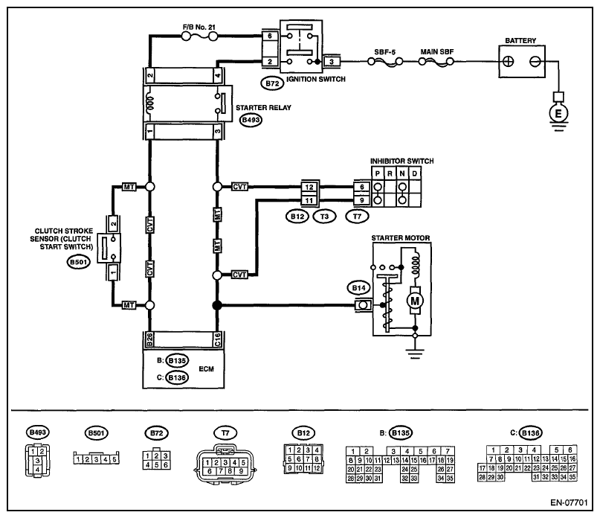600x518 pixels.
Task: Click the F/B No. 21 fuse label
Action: point(199,28)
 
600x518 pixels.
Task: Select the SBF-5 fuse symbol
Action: point(385,61)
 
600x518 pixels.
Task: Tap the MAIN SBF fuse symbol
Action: point(436,61)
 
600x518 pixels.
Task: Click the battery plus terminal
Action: point(508,61)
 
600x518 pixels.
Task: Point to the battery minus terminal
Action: point(535,61)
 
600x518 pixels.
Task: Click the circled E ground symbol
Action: point(558,113)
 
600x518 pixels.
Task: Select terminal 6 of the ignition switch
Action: point(270,36)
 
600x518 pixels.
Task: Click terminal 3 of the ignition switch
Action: point(332,61)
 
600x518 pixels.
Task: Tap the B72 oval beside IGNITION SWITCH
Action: point(272,83)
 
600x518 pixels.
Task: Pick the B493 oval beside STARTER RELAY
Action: point(251,120)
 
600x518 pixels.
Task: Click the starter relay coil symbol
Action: point(150,103)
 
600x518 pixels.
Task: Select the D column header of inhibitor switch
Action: point(414,173)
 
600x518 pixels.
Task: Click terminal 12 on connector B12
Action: point(309,187)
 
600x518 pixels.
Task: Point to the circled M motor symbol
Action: point(415,301)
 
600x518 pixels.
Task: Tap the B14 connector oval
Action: point(358,288)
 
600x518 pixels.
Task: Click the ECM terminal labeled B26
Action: point(150,339)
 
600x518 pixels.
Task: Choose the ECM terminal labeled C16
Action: point(217,339)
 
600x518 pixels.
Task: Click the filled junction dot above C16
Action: point(217,305)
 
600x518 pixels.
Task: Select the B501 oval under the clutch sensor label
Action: point(79,262)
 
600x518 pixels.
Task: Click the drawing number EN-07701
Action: point(569,502)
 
